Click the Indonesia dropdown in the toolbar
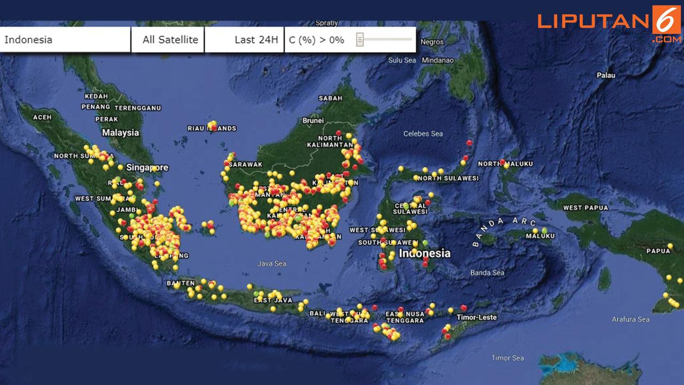coord(65,40)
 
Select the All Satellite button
coord(168,40)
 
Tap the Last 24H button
coord(244,40)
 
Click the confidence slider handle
coord(360,40)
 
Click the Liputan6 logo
coord(609,22)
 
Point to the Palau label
coord(605,75)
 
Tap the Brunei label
coord(313,121)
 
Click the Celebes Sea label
coord(423,134)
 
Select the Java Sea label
coord(272,264)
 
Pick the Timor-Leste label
coord(477,317)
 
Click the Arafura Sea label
coord(631,319)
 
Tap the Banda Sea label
coord(487,273)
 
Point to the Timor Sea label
coord(508,358)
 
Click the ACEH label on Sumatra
coord(42,117)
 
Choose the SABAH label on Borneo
coord(330,98)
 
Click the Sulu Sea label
coord(402,60)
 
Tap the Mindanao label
coord(438,60)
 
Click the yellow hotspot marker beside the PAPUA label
coord(669,245)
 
